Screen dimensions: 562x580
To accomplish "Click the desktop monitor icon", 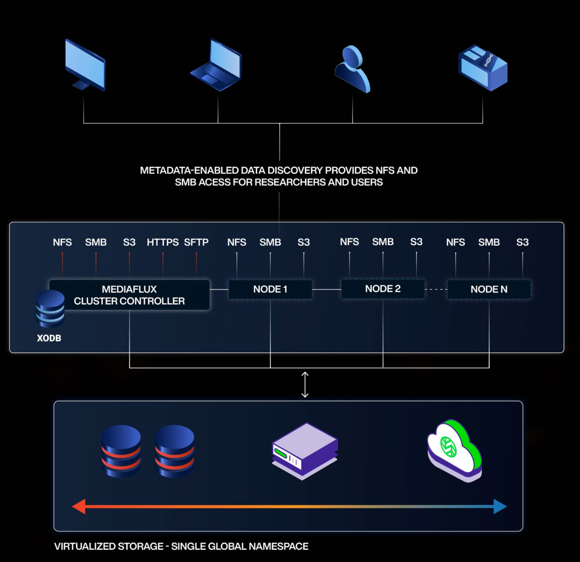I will pyautogui.click(x=85, y=65).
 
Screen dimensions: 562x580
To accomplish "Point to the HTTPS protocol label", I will pyautogui.click(x=162, y=242).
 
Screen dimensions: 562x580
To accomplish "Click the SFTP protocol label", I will pyautogui.click(x=196, y=242).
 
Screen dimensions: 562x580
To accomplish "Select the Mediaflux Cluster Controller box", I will pyautogui.click(x=129, y=295).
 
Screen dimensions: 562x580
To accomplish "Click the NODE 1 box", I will pyautogui.click(x=270, y=289).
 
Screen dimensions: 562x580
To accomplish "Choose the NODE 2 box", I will pyautogui.click(x=383, y=289).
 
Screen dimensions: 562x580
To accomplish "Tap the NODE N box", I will pyautogui.click(x=489, y=289).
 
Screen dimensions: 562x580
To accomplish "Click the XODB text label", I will pyautogui.click(x=49, y=338).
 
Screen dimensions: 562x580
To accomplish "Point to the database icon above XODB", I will pyautogui.click(x=50, y=309).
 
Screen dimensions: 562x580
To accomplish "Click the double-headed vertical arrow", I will pyautogui.click(x=305, y=385).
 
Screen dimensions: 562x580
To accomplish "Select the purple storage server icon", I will pyautogui.click(x=305, y=451).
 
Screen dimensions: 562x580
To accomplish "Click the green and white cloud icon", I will pyautogui.click(x=454, y=450).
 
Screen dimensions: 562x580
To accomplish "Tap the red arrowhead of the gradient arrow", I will pyautogui.click(x=79, y=507).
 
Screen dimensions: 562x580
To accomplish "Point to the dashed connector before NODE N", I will pyautogui.click(x=436, y=289).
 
